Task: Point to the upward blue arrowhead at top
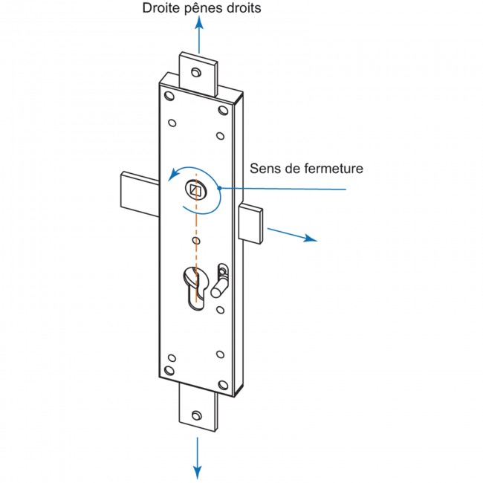pos(198,25)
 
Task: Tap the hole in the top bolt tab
pos(196,72)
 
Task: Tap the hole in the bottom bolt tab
pos(197,416)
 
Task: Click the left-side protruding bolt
pos(137,192)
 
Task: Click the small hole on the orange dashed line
pos(196,241)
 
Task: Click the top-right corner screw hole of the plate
pos(222,110)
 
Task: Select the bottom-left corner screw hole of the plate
pos(170,369)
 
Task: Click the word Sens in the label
pos(264,169)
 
